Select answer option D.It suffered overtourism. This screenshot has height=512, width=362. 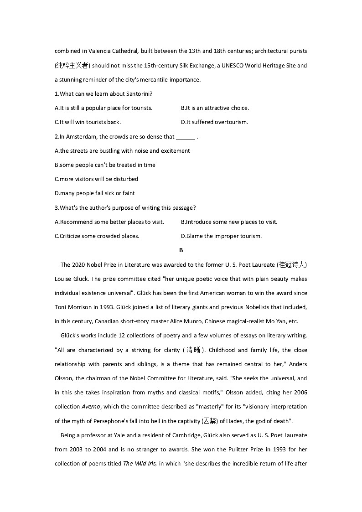click(214, 122)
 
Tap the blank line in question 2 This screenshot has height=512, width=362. click(186, 137)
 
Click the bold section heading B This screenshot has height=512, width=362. click(181, 250)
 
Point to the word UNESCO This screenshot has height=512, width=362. click(231, 66)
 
